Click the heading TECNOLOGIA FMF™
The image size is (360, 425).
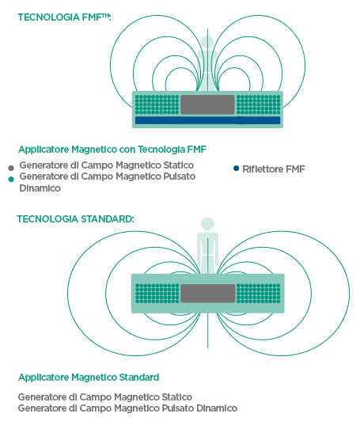[x=64, y=17]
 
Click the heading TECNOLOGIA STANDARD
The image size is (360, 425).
[x=75, y=219]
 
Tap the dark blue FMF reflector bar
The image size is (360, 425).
[x=207, y=120]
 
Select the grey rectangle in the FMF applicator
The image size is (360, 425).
[x=207, y=104]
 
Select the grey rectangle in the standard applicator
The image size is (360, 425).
[x=208, y=294]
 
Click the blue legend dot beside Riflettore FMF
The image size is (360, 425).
[x=237, y=169]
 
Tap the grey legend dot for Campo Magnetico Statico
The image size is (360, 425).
[x=11, y=168]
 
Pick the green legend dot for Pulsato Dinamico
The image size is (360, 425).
[x=11, y=179]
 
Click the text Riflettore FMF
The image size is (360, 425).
[x=274, y=169]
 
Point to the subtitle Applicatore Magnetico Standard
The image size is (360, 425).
[x=89, y=378]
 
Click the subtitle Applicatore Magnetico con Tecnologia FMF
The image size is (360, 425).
[x=112, y=150]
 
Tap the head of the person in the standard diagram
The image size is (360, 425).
[x=207, y=225]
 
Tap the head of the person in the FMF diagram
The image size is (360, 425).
[x=207, y=43]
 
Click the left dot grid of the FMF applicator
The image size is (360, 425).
[x=157, y=104]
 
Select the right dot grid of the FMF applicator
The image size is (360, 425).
[x=259, y=104]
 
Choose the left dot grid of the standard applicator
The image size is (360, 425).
[x=157, y=294]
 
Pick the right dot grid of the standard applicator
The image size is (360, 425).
[x=259, y=294]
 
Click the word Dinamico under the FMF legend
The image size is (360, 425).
[x=40, y=188]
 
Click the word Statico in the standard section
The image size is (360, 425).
[x=177, y=397]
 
